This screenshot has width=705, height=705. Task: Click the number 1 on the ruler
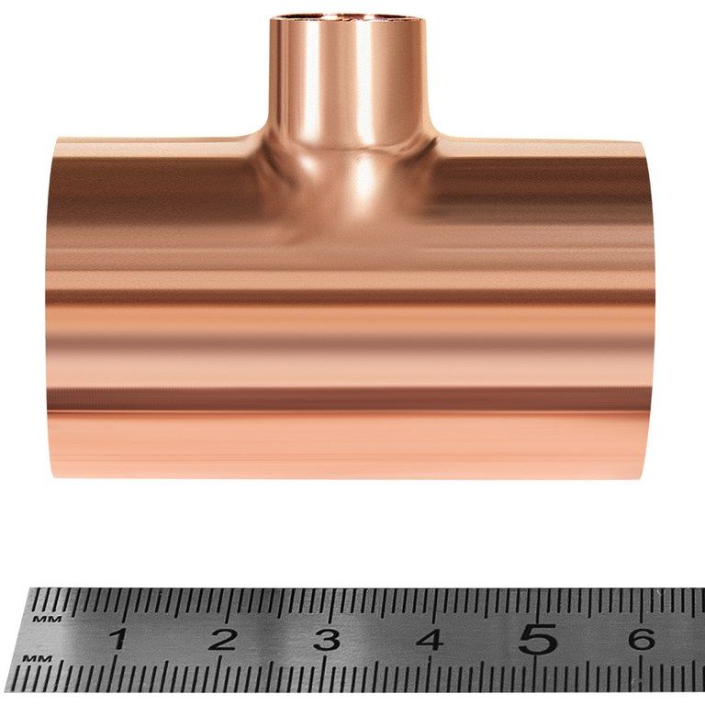117,637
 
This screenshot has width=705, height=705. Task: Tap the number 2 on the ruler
221,637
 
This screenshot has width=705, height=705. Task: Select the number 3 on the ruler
326,637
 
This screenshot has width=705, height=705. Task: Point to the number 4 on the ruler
430,637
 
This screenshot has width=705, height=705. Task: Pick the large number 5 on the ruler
537,637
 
